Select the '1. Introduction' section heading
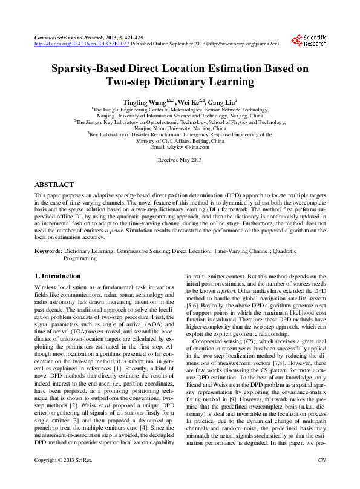click(x=57, y=276)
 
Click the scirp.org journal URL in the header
click(x=241, y=44)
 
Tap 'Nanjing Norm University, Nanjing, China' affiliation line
click(x=180, y=128)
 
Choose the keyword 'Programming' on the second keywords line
click(x=80, y=258)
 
